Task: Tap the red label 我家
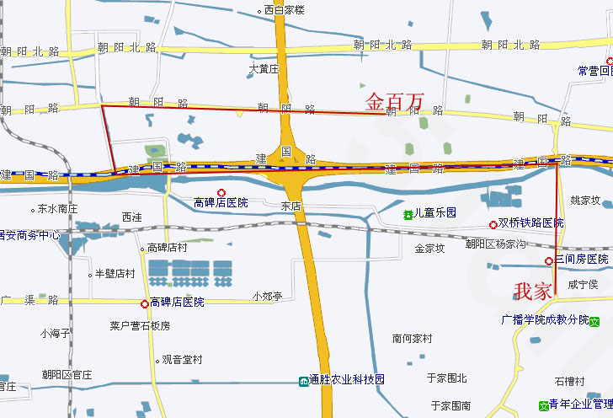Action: click(533, 292)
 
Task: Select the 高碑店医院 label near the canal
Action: click(221, 202)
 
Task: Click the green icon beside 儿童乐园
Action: click(408, 214)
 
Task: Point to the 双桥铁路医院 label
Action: click(530, 223)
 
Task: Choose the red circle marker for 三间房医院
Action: click(548, 260)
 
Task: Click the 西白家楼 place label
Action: click(284, 10)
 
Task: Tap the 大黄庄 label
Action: click(264, 68)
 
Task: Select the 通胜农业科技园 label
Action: click(346, 380)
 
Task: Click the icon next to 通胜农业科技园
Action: click(303, 381)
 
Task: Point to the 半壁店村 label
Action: click(115, 273)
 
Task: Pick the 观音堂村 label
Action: click(182, 360)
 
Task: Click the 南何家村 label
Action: click(412, 338)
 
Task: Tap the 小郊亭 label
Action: click(267, 296)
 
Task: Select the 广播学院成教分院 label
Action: click(544, 320)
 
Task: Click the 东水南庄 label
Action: click(58, 208)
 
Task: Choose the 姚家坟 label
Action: click(585, 201)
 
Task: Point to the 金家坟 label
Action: click(429, 248)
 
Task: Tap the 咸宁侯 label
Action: click(583, 285)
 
